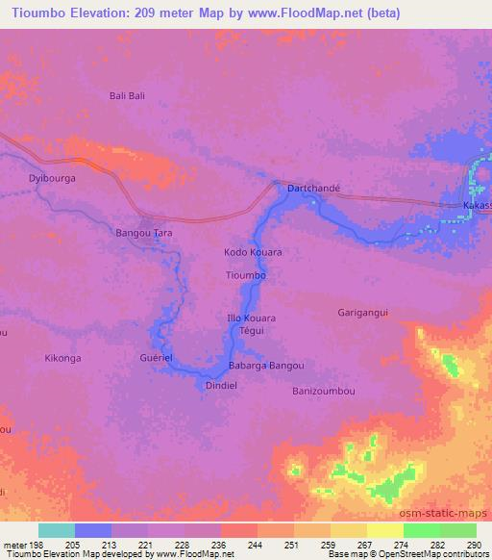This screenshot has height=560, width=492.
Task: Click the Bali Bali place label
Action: (127, 96)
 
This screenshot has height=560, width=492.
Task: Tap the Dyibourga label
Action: (53, 179)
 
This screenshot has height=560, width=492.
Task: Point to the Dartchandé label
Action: (314, 190)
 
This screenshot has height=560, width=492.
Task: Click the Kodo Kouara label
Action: (253, 252)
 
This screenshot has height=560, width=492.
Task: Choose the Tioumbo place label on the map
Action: (245, 275)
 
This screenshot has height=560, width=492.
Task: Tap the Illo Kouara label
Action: (251, 318)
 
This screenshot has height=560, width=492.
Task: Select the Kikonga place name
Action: (63, 358)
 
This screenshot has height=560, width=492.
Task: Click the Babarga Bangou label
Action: (266, 366)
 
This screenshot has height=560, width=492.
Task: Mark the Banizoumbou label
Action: (323, 392)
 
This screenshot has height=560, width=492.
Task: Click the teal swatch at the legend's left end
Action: (57, 531)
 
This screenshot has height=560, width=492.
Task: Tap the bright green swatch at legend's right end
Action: (457, 531)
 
